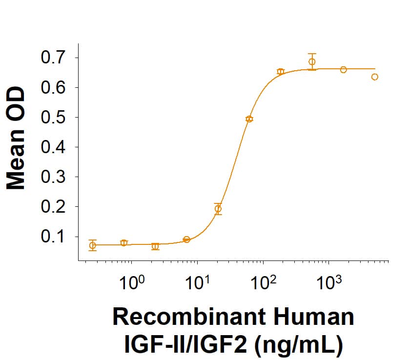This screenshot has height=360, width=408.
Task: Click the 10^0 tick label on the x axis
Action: (131, 282)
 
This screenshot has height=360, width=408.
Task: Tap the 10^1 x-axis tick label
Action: (197, 282)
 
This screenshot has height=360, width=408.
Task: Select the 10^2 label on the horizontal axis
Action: (263, 282)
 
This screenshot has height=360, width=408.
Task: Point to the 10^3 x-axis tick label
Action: (328, 282)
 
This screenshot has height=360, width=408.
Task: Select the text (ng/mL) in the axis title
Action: (298, 344)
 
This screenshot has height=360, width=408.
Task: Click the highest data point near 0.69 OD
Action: (312, 62)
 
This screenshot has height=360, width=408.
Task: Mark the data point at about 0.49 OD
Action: (249, 119)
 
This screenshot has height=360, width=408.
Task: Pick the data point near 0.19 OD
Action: (218, 209)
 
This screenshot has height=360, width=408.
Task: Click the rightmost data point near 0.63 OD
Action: (375, 77)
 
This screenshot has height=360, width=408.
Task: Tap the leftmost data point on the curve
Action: (93, 245)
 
